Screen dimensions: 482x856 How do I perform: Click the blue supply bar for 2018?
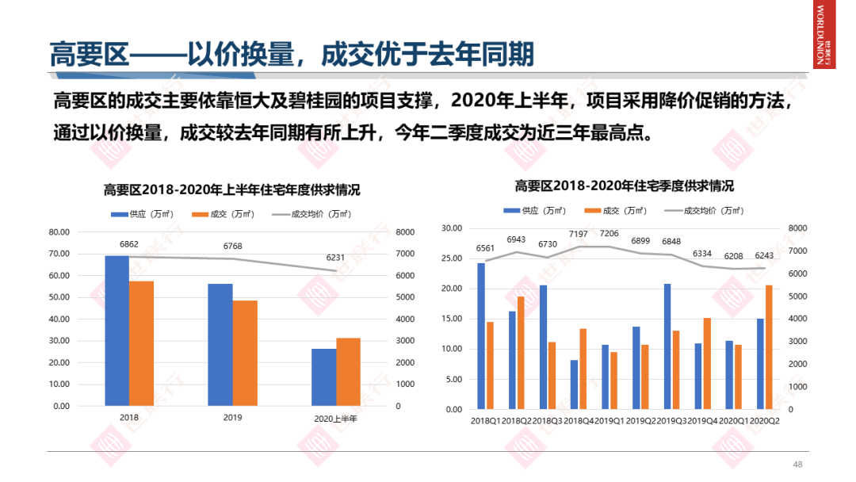(117, 331)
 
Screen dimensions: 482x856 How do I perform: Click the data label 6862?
(129, 244)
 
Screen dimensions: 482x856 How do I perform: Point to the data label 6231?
(336, 258)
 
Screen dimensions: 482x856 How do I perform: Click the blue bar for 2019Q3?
(667, 346)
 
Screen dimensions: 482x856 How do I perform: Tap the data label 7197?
(579, 234)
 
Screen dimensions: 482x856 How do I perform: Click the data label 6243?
(763, 255)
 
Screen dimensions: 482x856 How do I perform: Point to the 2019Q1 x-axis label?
(610, 420)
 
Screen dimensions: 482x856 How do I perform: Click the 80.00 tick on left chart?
(59, 232)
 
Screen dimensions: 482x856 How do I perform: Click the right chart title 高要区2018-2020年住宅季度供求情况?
(624, 186)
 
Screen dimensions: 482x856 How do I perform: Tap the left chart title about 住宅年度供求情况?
(231, 190)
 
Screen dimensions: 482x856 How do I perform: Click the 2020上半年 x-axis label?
(336, 418)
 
